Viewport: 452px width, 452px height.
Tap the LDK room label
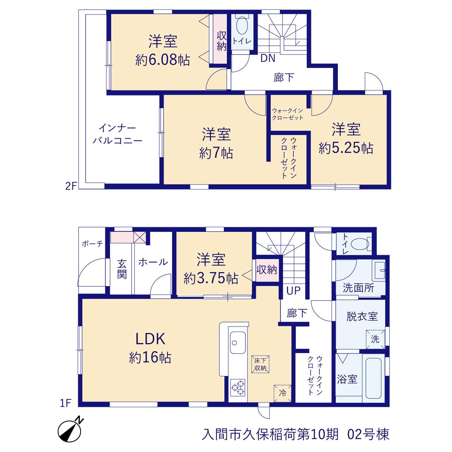point(150,339)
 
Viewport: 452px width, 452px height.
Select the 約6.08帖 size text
point(162,60)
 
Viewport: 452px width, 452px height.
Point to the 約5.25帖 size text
point(346,148)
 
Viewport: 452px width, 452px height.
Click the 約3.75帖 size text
point(211,278)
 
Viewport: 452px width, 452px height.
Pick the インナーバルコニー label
point(117,134)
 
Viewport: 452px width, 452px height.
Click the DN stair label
point(268,58)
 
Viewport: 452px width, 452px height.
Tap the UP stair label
point(293,291)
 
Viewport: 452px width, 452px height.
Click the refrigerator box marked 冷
point(282,394)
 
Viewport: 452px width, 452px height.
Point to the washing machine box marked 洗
point(375,339)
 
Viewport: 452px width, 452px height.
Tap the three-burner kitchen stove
point(238,387)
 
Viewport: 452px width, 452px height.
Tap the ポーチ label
point(92,244)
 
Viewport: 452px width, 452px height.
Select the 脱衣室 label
point(362,317)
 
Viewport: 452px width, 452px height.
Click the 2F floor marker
point(71,186)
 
